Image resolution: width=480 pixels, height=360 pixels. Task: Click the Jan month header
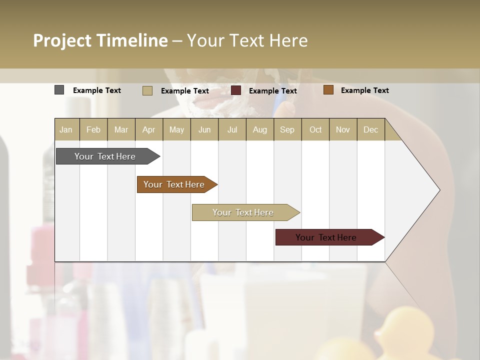point(66,129)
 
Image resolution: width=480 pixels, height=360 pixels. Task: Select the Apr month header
point(148,129)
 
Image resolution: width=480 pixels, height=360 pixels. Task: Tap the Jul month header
point(232,129)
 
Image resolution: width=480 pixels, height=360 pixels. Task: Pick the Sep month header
point(287,129)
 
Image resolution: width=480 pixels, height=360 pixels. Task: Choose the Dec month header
point(370,129)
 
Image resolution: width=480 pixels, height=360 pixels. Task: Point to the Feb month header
point(93,129)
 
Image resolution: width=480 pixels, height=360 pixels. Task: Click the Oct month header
point(315,129)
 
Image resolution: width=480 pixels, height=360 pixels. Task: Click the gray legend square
point(59,90)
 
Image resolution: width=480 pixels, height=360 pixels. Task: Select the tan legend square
point(147,90)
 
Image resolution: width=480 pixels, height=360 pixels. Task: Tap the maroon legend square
point(236,90)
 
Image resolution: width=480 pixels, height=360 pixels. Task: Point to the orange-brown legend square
point(328,90)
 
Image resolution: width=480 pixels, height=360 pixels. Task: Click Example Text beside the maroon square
point(272,90)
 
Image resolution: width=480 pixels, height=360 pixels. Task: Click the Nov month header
point(343,129)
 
